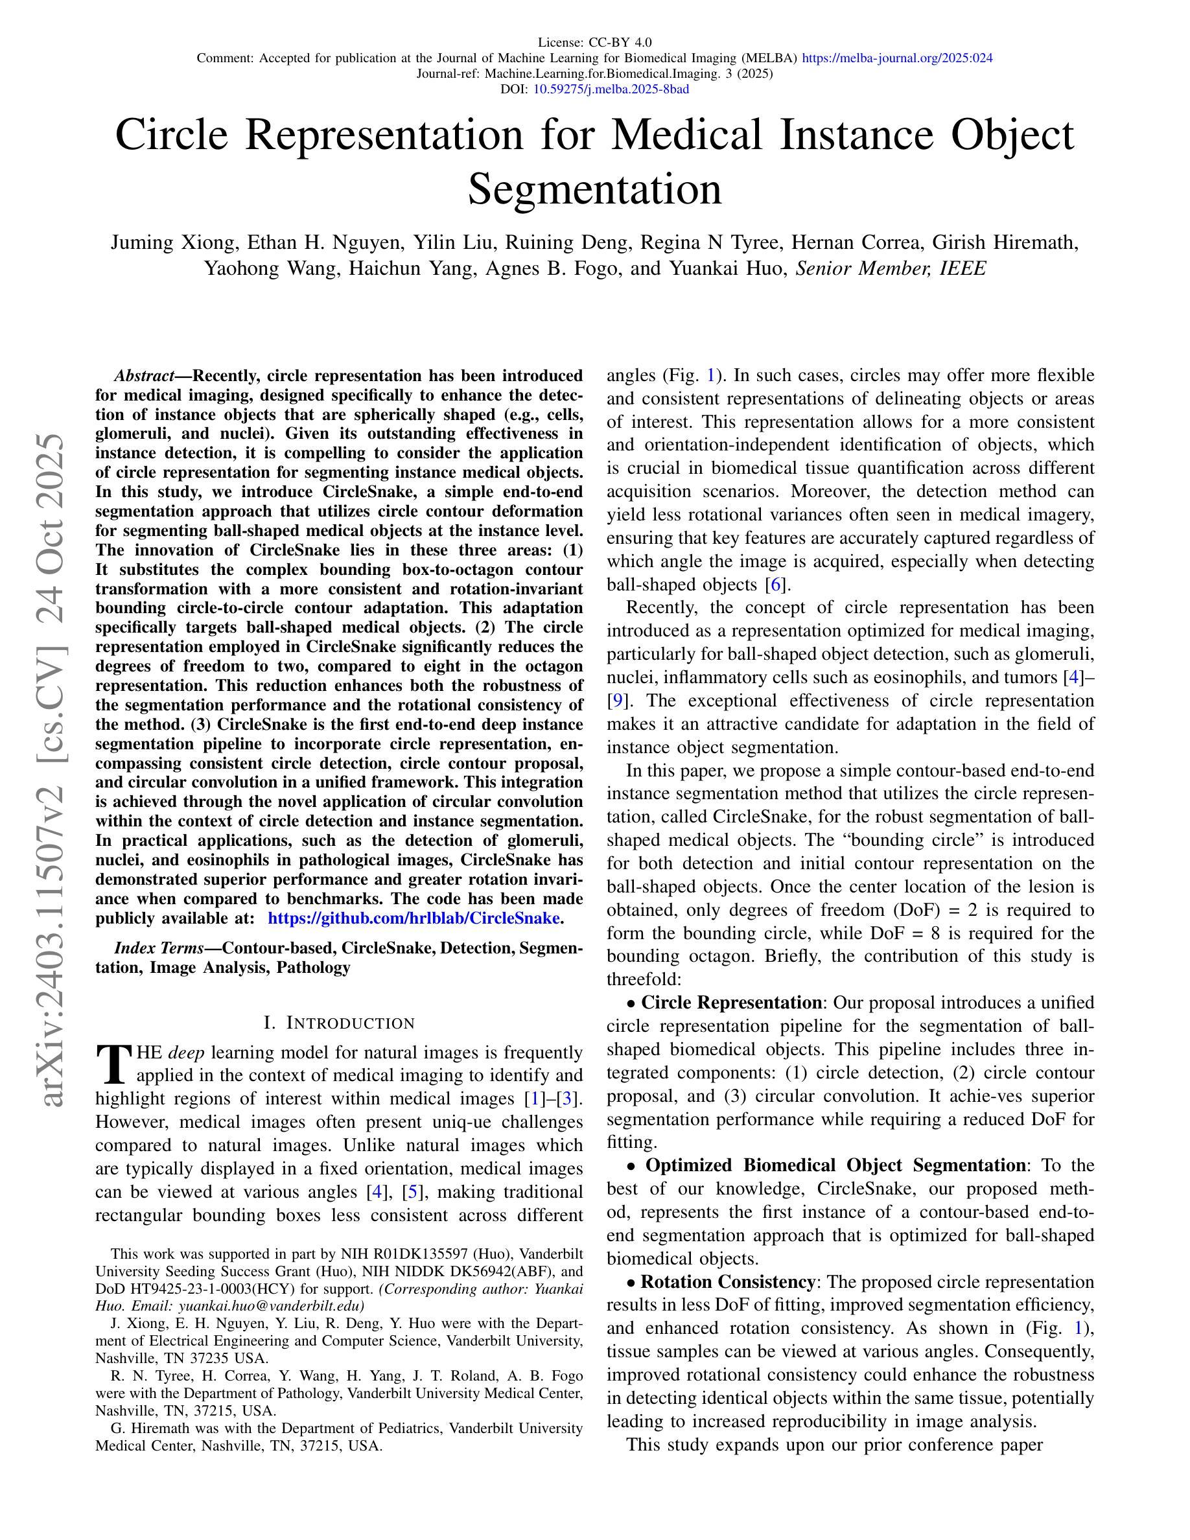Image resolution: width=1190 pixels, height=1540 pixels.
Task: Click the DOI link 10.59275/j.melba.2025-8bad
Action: [x=611, y=89]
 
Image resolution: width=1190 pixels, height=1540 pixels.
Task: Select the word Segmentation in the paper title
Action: [x=594, y=189]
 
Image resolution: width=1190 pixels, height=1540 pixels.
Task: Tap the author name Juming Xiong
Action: [x=172, y=242]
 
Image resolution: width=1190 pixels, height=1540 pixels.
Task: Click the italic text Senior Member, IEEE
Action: [x=891, y=268]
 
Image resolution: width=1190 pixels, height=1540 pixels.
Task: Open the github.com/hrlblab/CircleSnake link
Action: [x=415, y=918]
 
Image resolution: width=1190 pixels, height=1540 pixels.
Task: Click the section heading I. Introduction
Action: [x=339, y=1023]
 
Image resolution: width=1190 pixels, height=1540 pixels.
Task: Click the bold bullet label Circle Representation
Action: [x=730, y=1003]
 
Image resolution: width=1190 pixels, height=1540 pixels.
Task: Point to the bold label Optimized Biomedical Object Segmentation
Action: [x=835, y=1165]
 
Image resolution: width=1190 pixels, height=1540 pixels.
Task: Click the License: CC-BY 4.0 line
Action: [x=594, y=42]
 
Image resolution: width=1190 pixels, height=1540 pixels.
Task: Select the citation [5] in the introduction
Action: [x=412, y=1192]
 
